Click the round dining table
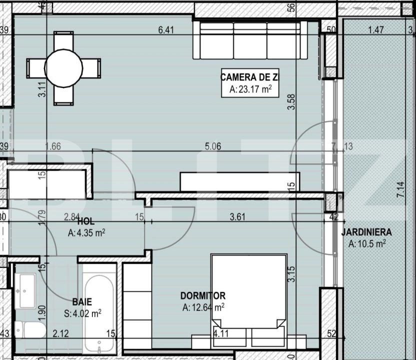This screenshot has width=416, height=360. (x=64, y=68)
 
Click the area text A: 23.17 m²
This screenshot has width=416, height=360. (x=250, y=90)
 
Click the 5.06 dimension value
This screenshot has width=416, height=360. (x=213, y=146)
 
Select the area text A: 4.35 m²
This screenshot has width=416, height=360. (x=86, y=232)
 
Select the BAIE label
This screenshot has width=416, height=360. (x=81, y=301)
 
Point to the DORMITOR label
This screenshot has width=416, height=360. (x=203, y=296)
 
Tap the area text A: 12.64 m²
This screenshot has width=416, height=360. (x=203, y=307)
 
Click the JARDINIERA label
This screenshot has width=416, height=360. (x=366, y=232)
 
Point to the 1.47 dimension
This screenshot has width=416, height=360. (x=375, y=30)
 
